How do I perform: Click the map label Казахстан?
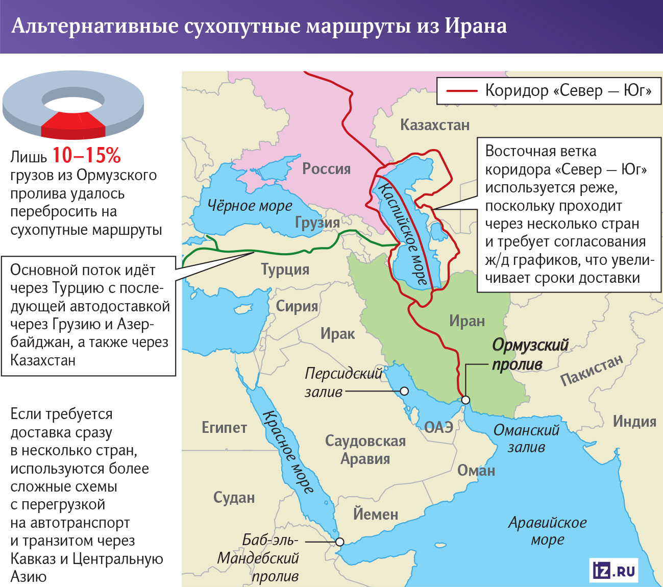click(x=434, y=125)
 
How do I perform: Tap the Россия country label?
click(x=326, y=169)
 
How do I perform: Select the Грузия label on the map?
click(x=317, y=223)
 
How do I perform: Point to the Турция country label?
click(x=285, y=270)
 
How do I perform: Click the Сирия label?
click(x=297, y=306)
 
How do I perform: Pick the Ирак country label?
click(x=337, y=334)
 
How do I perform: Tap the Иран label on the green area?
click(x=466, y=321)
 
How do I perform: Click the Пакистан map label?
click(x=592, y=370)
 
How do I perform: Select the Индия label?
click(x=634, y=422)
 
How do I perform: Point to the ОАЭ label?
click(x=438, y=427)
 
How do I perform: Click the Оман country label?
click(x=476, y=471)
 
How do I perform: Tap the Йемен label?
click(x=375, y=514)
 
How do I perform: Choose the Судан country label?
click(x=234, y=498)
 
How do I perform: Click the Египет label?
click(x=224, y=428)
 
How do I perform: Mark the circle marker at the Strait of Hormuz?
click(x=465, y=400)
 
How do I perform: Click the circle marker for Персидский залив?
click(x=404, y=392)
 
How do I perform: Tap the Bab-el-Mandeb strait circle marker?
click(x=339, y=542)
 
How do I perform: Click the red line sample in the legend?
click(x=461, y=91)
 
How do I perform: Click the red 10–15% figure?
click(x=86, y=155)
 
